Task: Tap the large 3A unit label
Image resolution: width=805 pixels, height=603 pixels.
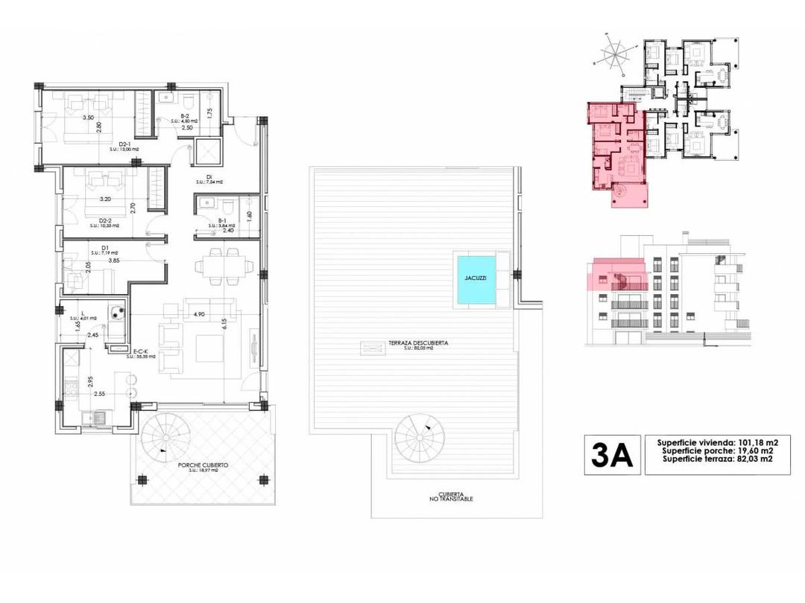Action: pos(611,454)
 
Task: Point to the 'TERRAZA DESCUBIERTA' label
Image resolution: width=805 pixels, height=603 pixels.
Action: pos(417,343)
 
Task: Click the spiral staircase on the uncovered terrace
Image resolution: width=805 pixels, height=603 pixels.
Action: pos(420,437)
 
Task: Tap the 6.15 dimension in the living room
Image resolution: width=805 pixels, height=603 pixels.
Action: pos(224,324)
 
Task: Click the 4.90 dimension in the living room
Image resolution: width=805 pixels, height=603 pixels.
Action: pos(199,314)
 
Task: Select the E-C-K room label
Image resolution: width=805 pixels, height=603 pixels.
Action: pos(141,351)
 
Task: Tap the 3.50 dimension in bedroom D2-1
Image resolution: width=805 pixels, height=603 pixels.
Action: pos(88,118)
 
